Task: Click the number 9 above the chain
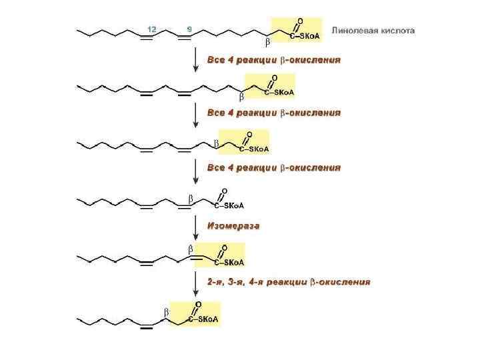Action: [x=190, y=29]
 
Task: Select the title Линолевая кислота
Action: [x=373, y=31]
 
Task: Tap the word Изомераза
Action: [x=233, y=226]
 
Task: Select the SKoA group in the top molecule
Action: [x=309, y=35]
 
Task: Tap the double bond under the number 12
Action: [x=148, y=37]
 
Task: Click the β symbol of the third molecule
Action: [x=216, y=143]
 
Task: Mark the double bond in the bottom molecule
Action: [x=148, y=327]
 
